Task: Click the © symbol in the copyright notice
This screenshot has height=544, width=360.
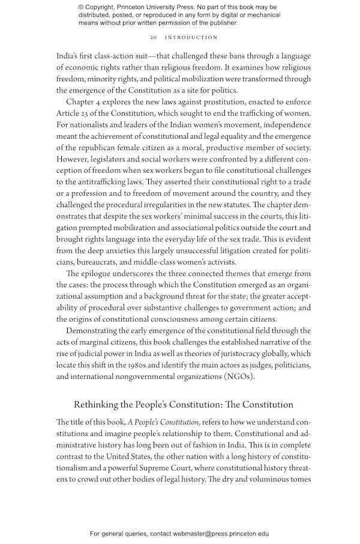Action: pyautogui.click(x=81, y=7)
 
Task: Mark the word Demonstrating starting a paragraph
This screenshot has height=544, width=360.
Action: pyautogui.click(x=93, y=330)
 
